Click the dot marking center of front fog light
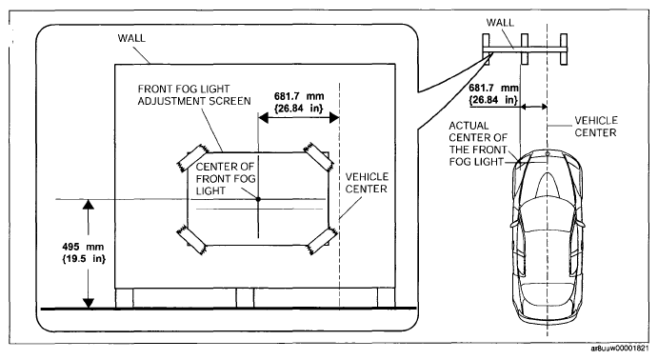pos(258,199)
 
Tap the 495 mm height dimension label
pos(84,252)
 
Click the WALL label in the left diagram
pos(131,38)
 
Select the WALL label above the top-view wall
pos(500,23)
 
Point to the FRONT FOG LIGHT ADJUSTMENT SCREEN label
pos(194,95)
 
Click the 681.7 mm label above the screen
pos(299,102)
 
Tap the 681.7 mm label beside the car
pos(494,94)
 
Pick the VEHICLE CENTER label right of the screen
pos(367,183)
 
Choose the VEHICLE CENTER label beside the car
pos(596,127)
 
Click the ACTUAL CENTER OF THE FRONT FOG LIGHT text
pos(478,144)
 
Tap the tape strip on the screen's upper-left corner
pos(192,157)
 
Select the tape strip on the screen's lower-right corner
pos(322,241)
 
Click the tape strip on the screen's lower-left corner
pos(191,240)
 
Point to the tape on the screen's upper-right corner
pos(318,156)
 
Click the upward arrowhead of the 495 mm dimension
pos(89,205)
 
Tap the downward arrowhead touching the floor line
pos(89,303)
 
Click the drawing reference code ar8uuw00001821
pos(620,349)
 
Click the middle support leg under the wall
pos(245,298)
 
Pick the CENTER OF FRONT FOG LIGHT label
pos(226,179)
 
